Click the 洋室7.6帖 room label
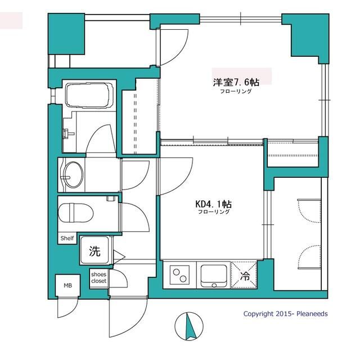point(228,82)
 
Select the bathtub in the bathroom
point(89,94)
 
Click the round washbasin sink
point(74,174)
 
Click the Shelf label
point(67,238)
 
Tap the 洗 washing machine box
point(95,251)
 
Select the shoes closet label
point(98,278)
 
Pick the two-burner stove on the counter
point(181,276)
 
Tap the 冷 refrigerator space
point(245,276)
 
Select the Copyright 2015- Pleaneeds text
point(285,314)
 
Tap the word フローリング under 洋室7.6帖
point(236,91)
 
